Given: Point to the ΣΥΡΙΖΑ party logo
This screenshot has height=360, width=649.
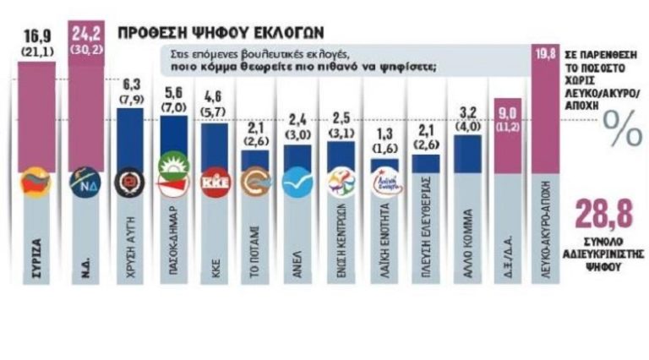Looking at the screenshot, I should [36, 183].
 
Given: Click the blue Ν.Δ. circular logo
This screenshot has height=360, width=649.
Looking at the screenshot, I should [85, 183].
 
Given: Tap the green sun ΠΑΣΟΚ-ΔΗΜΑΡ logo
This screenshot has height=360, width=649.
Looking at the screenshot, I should [172, 183].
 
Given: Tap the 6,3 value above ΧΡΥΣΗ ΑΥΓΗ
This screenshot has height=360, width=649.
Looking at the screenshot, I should [129, 85].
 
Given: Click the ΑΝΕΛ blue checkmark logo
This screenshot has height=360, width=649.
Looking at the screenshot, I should [297, 183].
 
